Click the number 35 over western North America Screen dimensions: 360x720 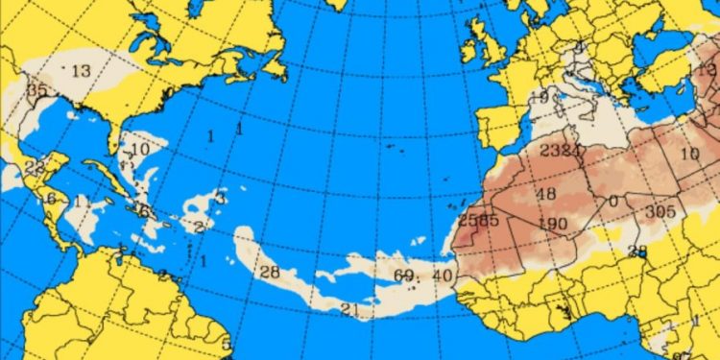(x=36, y=90)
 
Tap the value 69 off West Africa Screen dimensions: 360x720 (x=403, y=276)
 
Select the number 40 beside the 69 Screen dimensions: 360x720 (x=442, y=276)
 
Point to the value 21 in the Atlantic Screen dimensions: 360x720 (x=349, y=308)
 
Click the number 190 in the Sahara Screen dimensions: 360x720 (x=550, y=224)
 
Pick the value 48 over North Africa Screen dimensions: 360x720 (x=546, y=195)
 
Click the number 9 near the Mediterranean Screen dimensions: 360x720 (x=543, y=97)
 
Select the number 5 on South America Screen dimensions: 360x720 (x=227, y=344)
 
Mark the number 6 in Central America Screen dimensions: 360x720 (x=50, y=199)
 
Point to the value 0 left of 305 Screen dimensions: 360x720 (x=612, y=201)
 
